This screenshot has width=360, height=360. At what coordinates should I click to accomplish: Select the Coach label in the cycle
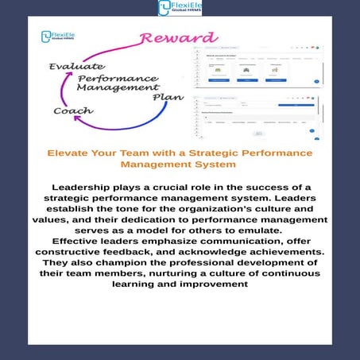[x=73, y=110]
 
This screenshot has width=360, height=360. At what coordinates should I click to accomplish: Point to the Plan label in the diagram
[x=168, y=97]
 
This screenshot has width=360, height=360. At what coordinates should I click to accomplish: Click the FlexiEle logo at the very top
[x=180, y=8]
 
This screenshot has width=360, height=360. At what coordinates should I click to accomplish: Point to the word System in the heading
[x=217, y=164]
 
